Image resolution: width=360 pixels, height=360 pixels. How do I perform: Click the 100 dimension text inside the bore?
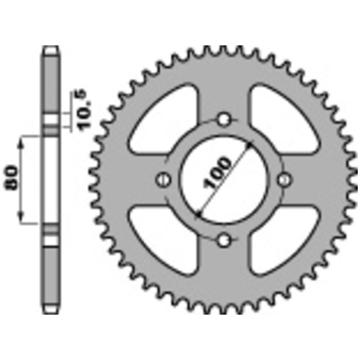pyautogui.click(x=217, y=173)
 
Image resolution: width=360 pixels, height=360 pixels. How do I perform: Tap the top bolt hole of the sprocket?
pyautogui.click(x=224, y=119)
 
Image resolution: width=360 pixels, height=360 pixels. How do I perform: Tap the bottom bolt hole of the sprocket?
pyautogui.click(x=224, y=240)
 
